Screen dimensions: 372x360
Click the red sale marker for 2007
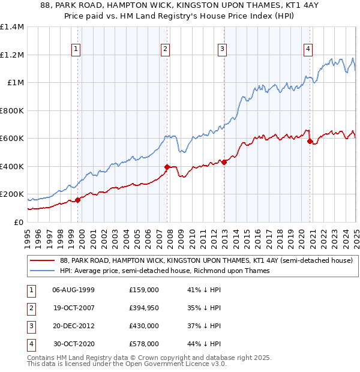167,167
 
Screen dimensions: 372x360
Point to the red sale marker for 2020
310,142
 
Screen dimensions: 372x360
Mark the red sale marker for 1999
77,200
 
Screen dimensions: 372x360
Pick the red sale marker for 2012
224,162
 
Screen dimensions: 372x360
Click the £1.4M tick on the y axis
12,27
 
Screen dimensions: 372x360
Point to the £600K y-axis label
12,139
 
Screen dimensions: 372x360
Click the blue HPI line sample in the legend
42,271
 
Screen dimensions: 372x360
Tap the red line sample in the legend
42,260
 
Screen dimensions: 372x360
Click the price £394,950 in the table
144,308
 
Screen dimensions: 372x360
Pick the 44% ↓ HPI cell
203,344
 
